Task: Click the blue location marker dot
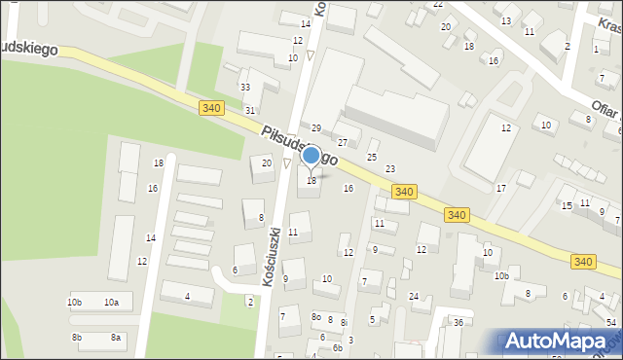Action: pos(311,155)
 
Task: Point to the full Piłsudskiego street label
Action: pos(299,144)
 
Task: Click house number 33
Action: pos(245,88)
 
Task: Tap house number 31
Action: pos(250,110)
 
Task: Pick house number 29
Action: pos(316,128)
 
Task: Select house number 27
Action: pos(343,142)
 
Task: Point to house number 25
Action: pos(371,157)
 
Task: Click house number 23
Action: pos(390,169)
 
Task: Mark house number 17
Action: pos(501,188)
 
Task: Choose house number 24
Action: pos(414,296)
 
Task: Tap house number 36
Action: pos(458,322)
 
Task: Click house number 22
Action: pos(438,4)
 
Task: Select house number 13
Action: pos(505,20)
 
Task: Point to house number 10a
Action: pos(112,303)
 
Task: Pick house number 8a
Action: pos(116,338)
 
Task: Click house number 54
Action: pos(610,322)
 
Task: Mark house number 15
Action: pos(567,205)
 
